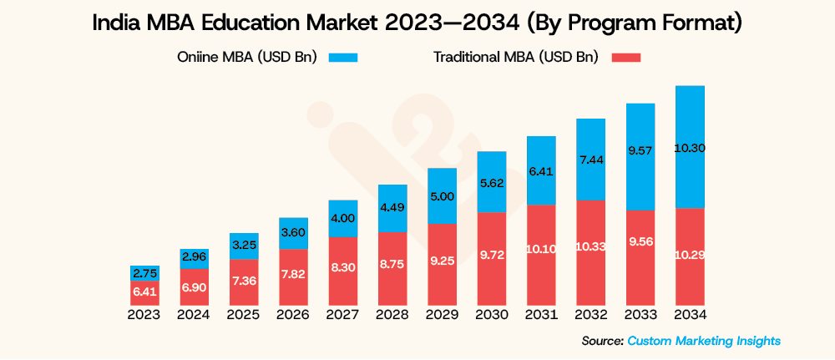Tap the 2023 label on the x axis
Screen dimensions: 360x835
(x=144, y=315)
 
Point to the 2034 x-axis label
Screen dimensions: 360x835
(x=690, y=315)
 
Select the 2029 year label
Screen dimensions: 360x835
(x=442, y=315)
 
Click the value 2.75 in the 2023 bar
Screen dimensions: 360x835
(x=144, y=273)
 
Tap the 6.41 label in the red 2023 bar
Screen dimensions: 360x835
(x=144, y=292)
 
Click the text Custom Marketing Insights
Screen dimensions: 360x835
(x=704, y=340)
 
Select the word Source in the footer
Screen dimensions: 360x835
(x=601, y=340)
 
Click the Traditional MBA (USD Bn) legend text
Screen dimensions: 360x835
(x=515, y=57)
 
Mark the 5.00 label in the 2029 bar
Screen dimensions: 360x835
(x=442, y=196)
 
